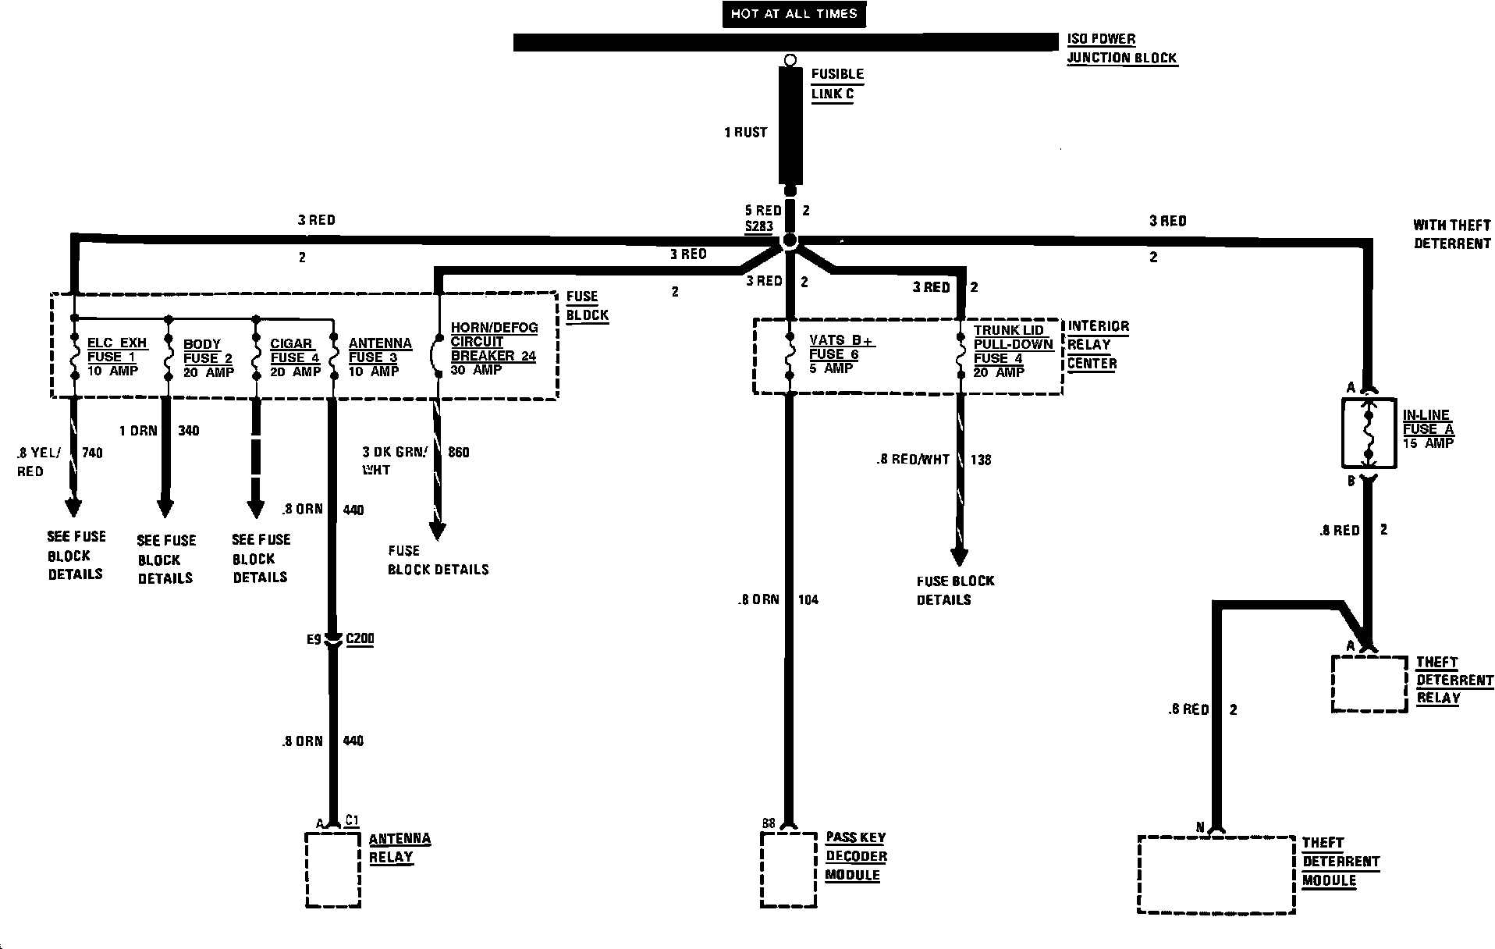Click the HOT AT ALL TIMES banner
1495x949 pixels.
click(794, 14)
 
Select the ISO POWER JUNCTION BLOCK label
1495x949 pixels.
click(1121, 48)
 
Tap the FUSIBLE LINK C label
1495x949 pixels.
click(836, 84)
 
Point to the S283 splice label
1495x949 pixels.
click(758, 227)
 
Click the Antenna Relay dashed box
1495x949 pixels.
click(333, 869)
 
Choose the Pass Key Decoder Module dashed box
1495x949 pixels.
click(789, 869)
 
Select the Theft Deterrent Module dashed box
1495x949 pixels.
click(1216, 874)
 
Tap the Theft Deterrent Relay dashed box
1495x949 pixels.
click(1369, 684)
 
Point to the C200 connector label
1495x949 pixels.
click(360, 639)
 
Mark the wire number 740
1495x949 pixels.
click(92, 453)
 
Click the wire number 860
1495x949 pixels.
click(459, 452)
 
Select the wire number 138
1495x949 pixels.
click(981, 460)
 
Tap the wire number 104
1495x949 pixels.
click(808, 600)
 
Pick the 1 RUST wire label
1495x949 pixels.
click(746, 133)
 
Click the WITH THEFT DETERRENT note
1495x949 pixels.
click(1451, 234)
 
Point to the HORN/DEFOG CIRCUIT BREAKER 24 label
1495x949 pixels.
click(494, 348)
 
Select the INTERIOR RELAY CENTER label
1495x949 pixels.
click(1097, 345)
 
